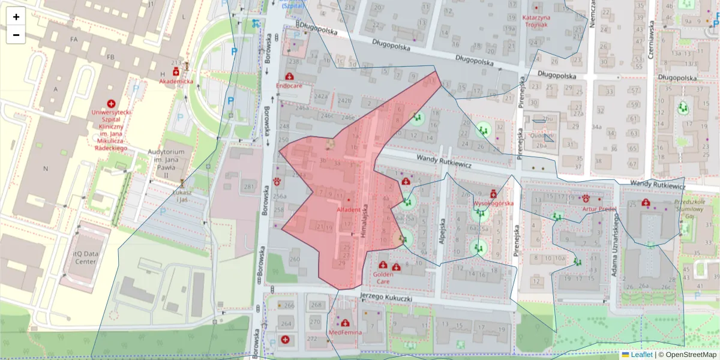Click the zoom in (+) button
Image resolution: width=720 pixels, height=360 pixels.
(16, 17)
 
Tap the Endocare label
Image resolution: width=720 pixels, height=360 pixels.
(289, 86)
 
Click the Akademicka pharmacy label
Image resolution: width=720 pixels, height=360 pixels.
(176, 81)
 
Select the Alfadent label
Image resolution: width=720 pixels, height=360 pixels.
(349, 210)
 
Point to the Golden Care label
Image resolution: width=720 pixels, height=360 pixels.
(383, 278)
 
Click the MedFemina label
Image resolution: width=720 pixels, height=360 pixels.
(346, 332)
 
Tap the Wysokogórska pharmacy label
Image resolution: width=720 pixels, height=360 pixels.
(494, 203)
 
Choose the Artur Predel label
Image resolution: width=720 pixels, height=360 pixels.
(599, 209)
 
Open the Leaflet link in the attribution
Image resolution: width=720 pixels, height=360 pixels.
(641, 355)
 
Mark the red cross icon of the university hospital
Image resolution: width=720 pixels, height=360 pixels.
(111, 104)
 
